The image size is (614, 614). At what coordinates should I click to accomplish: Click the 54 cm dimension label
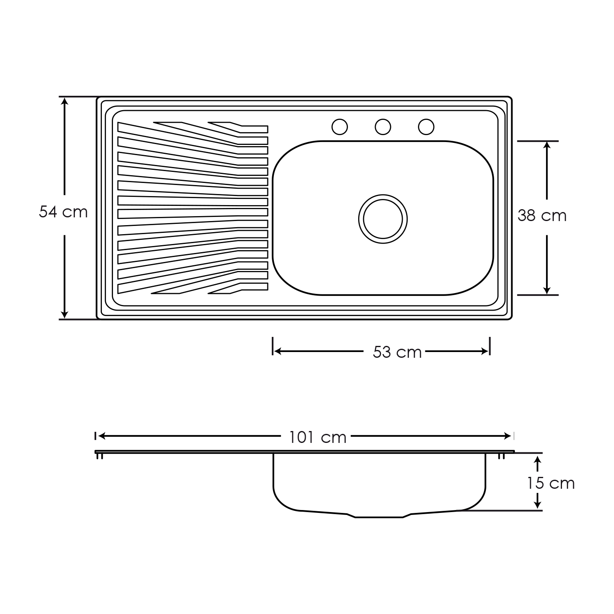(x=63, y=212)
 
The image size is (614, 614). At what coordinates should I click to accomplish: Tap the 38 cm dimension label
(x=542, y=215)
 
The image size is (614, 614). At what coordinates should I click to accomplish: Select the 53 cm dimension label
(x=397, y=352)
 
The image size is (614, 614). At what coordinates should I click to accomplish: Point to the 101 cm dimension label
(x=318, y=437)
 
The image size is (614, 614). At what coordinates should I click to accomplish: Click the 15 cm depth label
(x=551, y=483)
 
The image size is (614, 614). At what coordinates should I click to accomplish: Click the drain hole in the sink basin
(x=383, y=219)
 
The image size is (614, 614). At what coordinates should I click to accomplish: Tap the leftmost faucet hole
(x=339, y=127)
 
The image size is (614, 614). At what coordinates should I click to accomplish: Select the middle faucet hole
(x=383, y=127)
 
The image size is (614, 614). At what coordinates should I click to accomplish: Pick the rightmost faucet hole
(x=426, y=127)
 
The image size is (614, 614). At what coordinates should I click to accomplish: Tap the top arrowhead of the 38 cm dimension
(x=547, y=146)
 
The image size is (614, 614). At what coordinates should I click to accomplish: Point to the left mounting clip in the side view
(x=99, y=456)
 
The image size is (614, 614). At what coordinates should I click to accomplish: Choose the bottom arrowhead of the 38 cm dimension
(x=547, y=290)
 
